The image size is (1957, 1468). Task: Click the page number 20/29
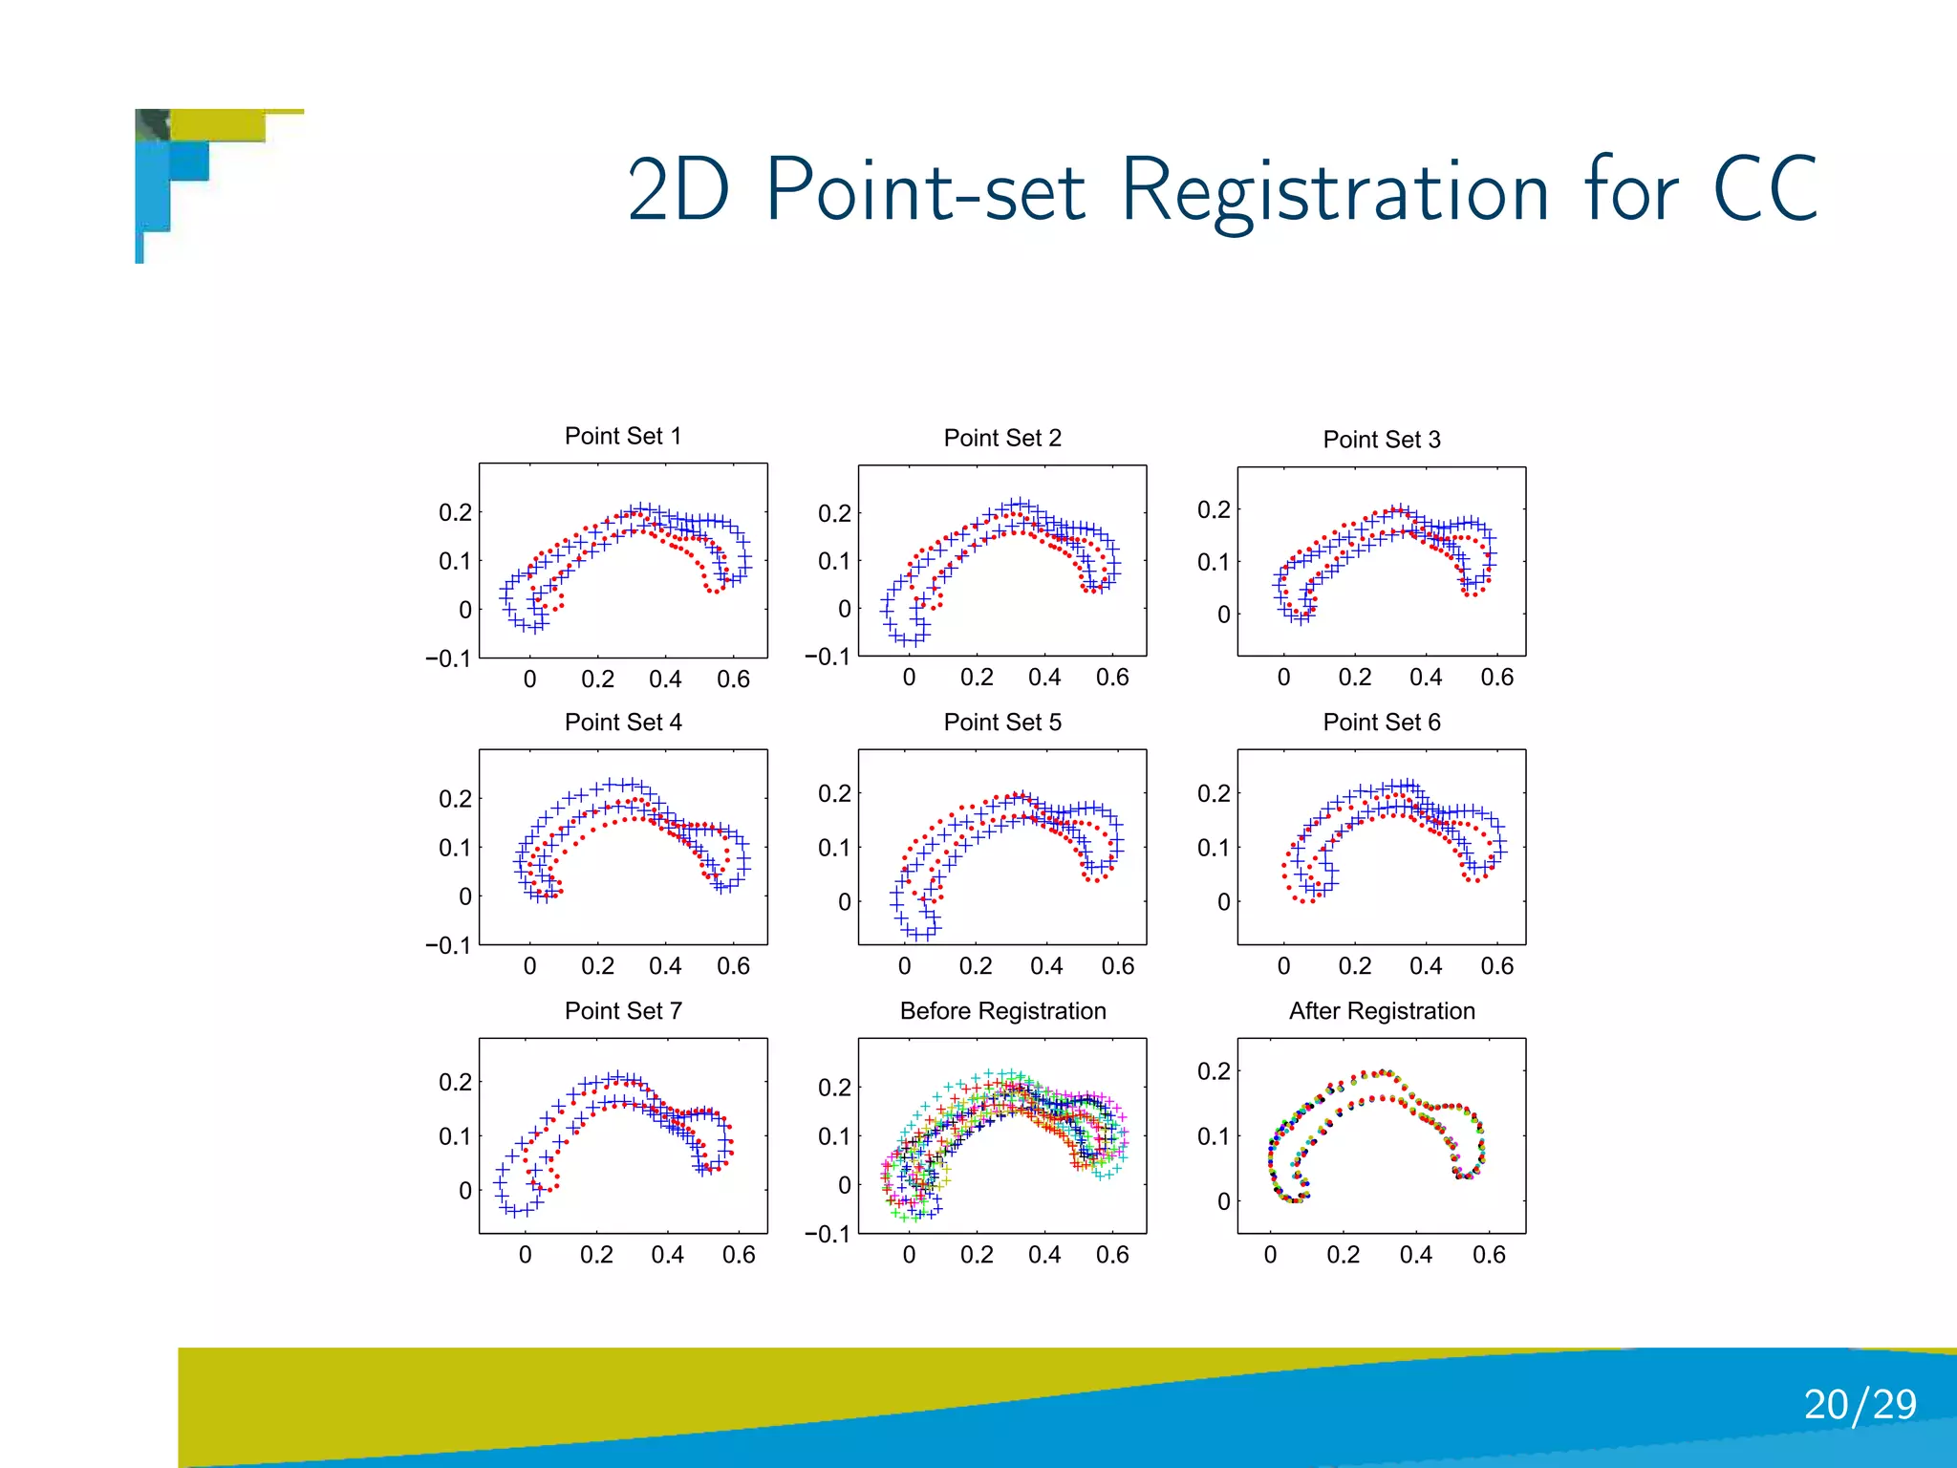tap(1860, 1405)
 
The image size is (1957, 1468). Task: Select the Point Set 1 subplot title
tap(623, 437)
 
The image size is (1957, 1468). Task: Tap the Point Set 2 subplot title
tap(1002, 439)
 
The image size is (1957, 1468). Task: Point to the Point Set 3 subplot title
tap(1382, 440)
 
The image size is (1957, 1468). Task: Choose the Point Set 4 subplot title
tap(623, 723)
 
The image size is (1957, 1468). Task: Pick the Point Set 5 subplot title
tap(1002, 723)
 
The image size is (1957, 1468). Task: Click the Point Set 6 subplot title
tap(1382, 723)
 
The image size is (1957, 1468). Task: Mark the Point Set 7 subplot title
tap(623, 1011)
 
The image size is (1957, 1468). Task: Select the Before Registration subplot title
tap(1002, 1011)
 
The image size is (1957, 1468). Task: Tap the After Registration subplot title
tap(1382, 1011)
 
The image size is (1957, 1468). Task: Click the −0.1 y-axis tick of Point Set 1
tap(448, 658)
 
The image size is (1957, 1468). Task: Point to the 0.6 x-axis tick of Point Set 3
tap(1496, 678)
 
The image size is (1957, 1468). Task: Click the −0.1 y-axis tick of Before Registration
tap(828, 1234)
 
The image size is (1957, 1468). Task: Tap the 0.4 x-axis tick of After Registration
tap(1416, 1255)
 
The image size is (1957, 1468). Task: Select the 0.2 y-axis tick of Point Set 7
tap(455, 1082)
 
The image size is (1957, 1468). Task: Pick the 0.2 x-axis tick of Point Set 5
tap(976, 966)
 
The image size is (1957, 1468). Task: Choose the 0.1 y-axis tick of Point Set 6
tap(1214, 848)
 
